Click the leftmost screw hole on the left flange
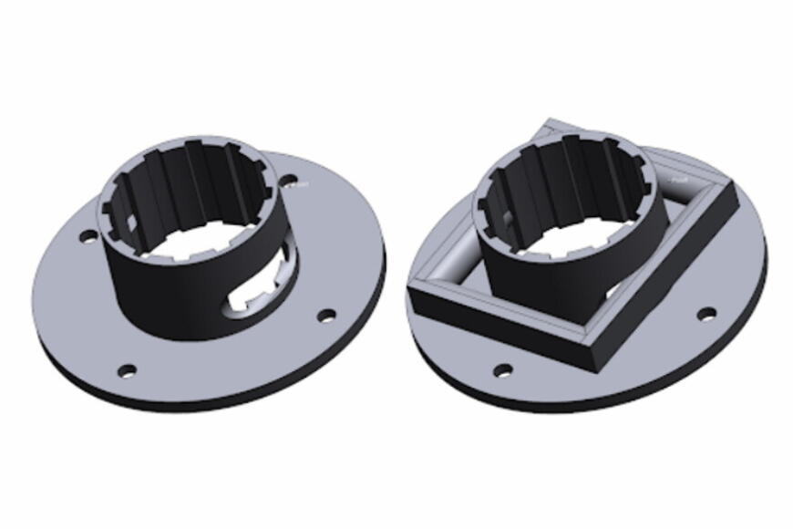(88, 237)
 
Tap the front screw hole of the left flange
(128, 370)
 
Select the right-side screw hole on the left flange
(325, 316)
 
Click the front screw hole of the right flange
(502, 370)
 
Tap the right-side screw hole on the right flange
(705, 315)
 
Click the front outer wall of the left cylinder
(173, 301)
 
